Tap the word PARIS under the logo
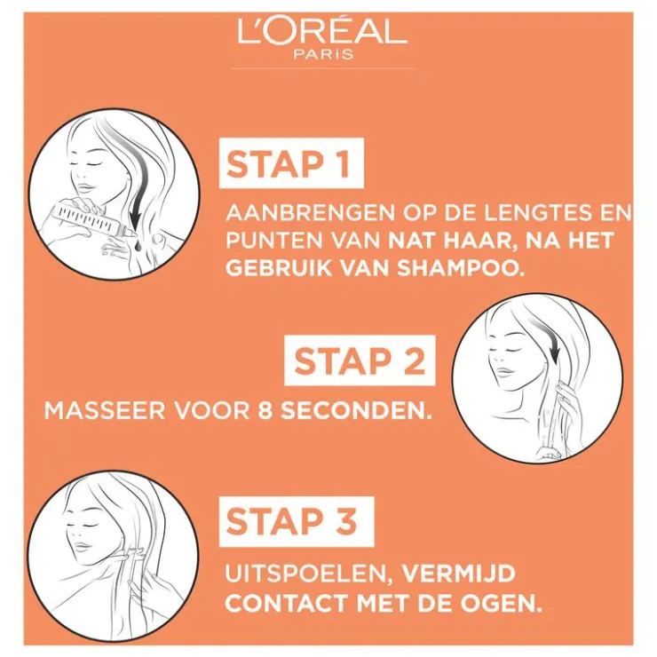[323, 54]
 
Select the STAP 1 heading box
[291, 163]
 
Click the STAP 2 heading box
[360, 360]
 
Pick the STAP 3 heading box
[297, 521]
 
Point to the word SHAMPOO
[461, 268]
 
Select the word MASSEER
[105, 411]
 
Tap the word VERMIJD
[459, 574]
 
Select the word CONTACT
[289, 604]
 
